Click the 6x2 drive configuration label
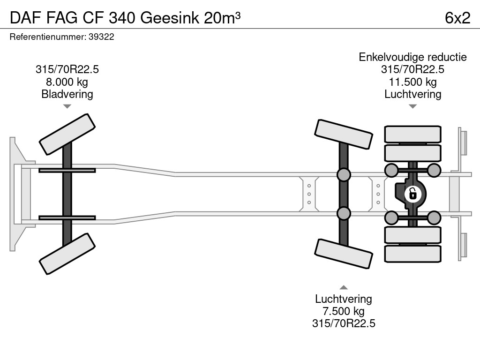click(457, 17)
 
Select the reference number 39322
click(101, 37)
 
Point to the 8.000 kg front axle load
click(67, 82)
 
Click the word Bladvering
click(67, 94)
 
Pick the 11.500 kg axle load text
click(412, 82)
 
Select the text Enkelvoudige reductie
click(412, 57)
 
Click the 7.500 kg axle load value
click(344, 311)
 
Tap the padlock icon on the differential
click(412, 193)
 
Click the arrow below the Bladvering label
click(67, 106)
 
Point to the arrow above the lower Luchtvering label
click(344, 287)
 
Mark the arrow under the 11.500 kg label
click(412, 106)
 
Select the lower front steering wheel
click(67, 254)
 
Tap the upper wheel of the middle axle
click(344, 134)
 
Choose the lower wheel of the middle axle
click(344, 254)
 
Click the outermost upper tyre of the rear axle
click(412, 134)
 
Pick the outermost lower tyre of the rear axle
click(412, 254)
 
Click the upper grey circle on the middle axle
click(344, 175)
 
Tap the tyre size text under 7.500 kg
click(344, 323)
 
